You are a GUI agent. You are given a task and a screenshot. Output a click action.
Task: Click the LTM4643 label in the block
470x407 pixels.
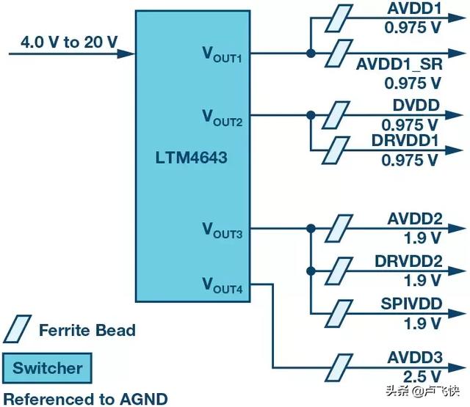point(192,157)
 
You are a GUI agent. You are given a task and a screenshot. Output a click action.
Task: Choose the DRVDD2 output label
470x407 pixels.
point(408,263)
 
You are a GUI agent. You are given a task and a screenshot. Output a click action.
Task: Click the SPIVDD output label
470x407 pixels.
point(411,304)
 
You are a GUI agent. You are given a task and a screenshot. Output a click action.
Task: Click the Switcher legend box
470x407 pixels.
point(47,367)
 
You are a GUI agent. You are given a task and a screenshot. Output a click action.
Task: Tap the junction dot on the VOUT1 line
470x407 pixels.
point(311,53)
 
